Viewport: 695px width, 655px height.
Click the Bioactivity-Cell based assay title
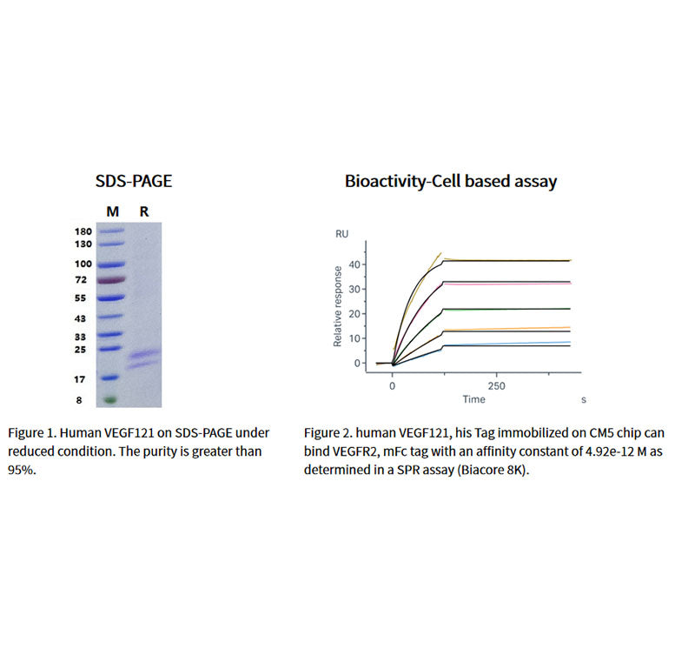[450, 182]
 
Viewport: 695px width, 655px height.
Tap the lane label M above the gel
[112, 211]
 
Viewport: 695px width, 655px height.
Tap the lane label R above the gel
[144, 211]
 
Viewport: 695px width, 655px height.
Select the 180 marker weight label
[83, 231]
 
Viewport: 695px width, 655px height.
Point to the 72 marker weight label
[83, 280]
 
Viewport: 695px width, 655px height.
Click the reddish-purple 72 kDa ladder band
[112, 280]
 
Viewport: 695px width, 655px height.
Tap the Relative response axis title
[338, 310]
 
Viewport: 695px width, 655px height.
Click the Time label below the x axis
[473, 399]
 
